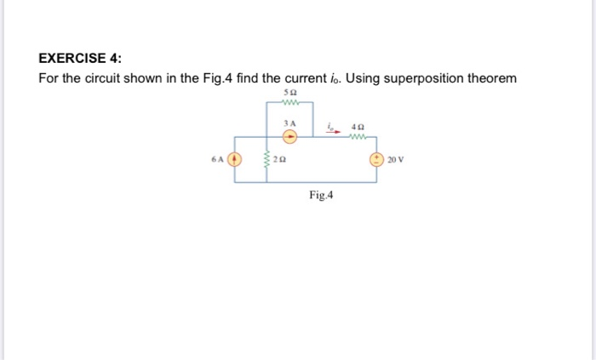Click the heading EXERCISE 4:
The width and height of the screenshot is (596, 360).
(x=80, y=58)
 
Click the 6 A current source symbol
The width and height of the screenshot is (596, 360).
(x=238, y=159)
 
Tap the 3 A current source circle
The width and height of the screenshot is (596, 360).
(x=289, y=134)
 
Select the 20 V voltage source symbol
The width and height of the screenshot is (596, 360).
(x=375, y=159)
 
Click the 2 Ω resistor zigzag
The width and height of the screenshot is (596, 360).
(x=266, y=159)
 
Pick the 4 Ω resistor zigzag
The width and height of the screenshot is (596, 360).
(x=357, y=134)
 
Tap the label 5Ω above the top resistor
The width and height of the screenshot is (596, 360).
(x=289, y=92)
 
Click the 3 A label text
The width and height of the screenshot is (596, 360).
(x=289, y=123)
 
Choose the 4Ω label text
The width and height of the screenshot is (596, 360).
(x=357, y=125)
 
